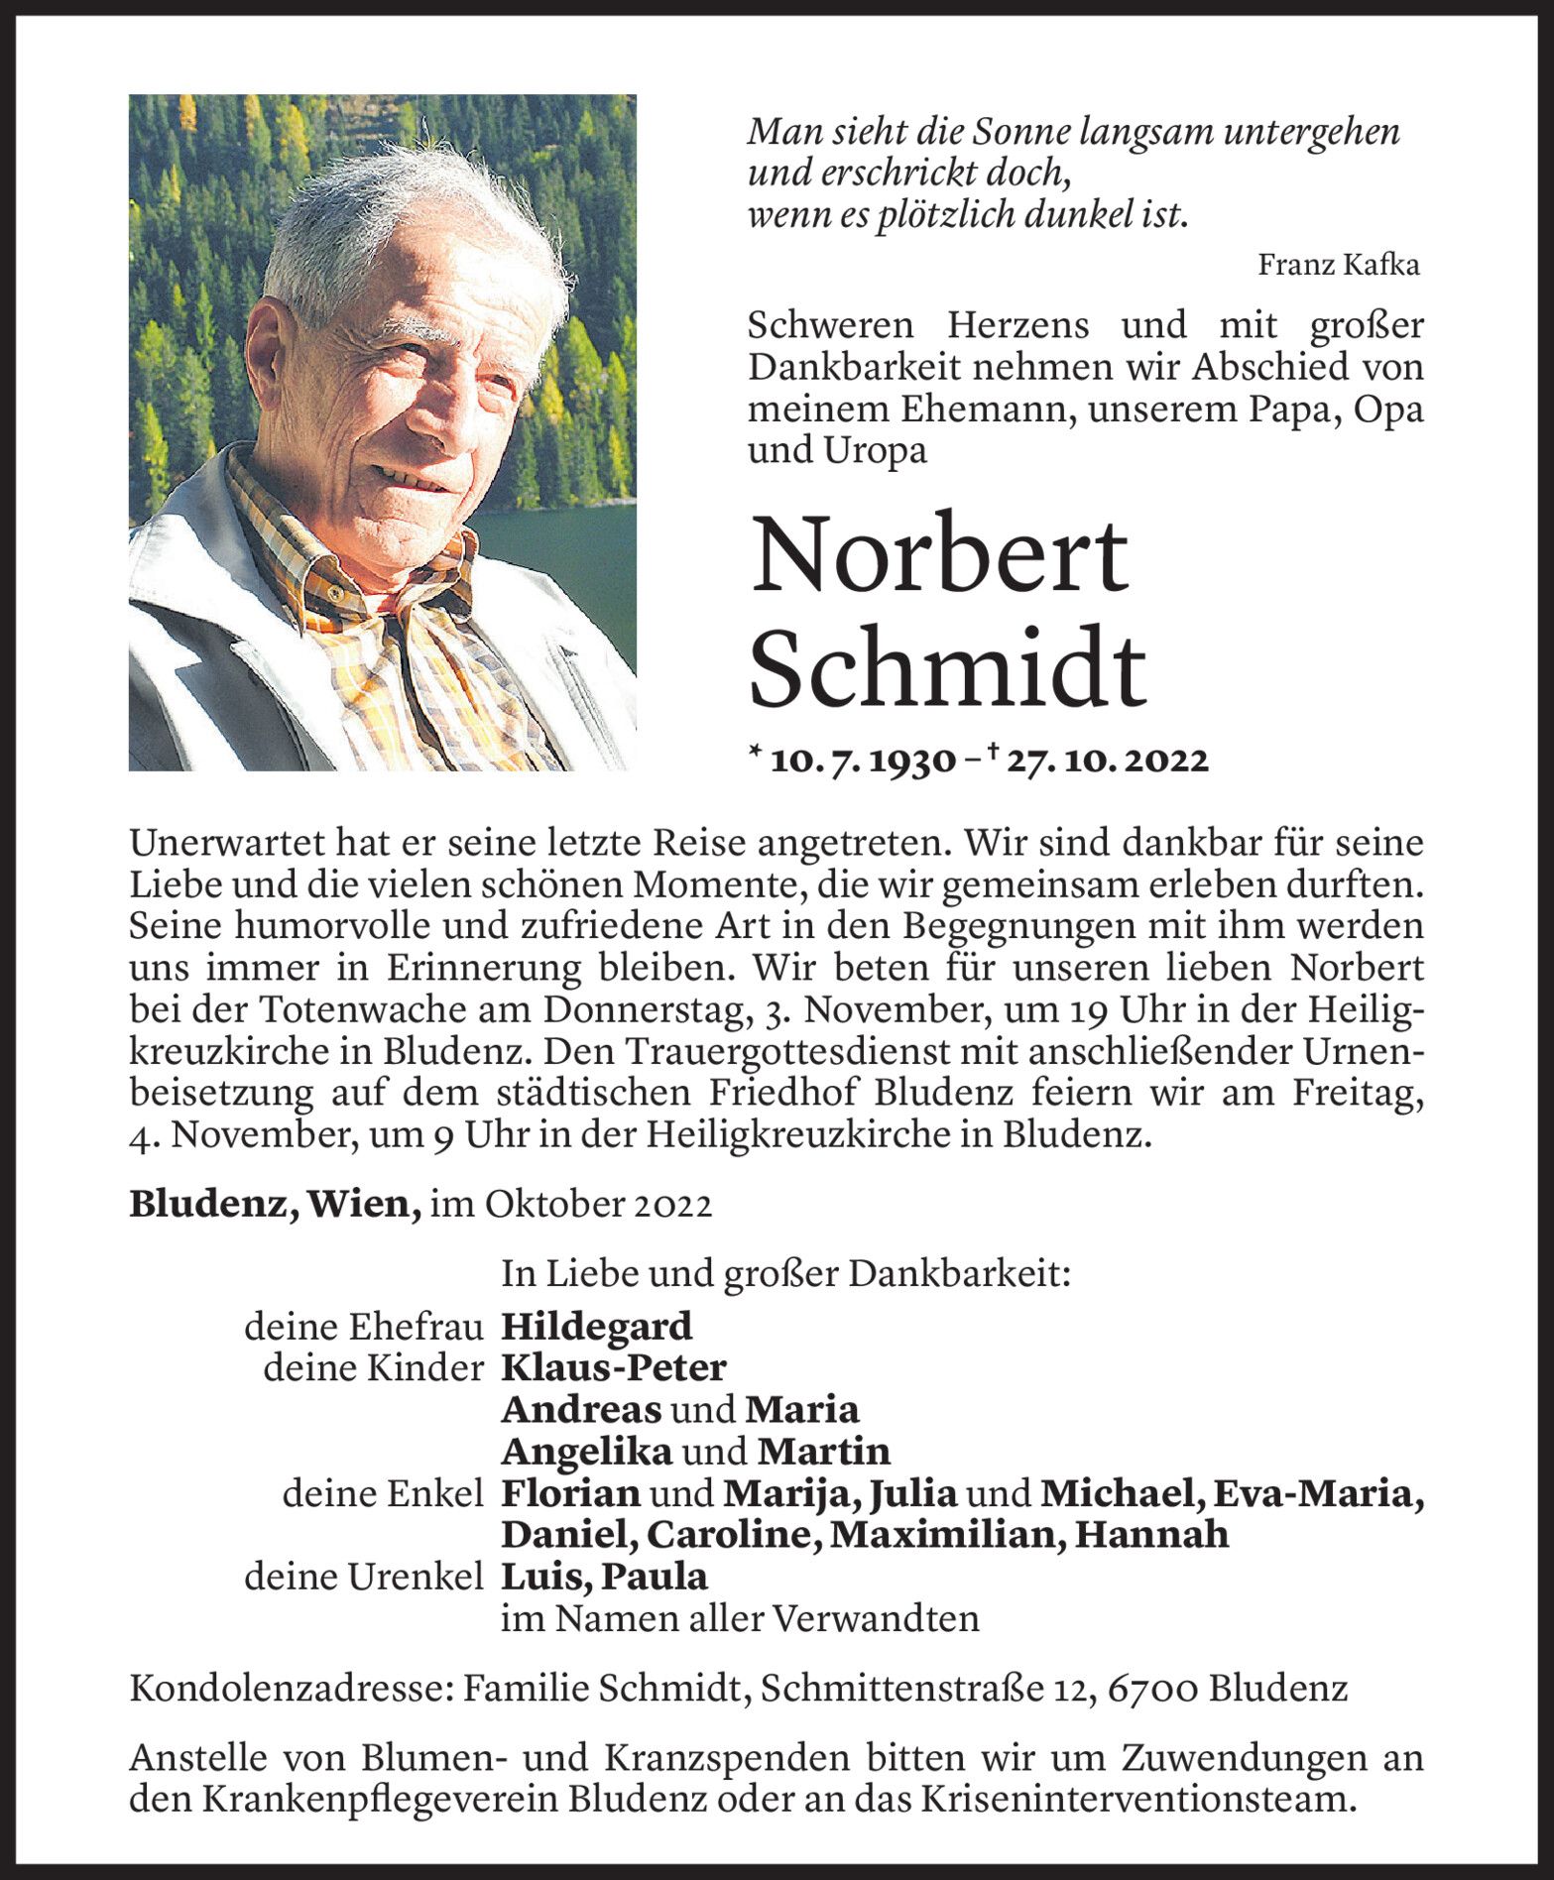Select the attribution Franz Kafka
point(1338,265)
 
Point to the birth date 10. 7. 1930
point(863,761)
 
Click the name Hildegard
point(597,1327)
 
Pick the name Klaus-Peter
point(614,1368)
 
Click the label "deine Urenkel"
point(364,1577)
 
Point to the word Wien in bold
point(364,1204)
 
